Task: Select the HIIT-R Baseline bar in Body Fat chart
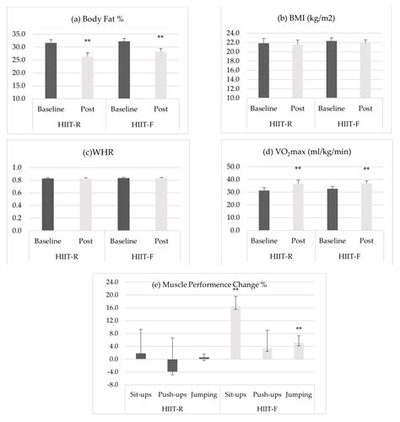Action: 51,70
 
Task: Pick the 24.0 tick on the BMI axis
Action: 229,34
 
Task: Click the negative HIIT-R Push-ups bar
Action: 172,366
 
